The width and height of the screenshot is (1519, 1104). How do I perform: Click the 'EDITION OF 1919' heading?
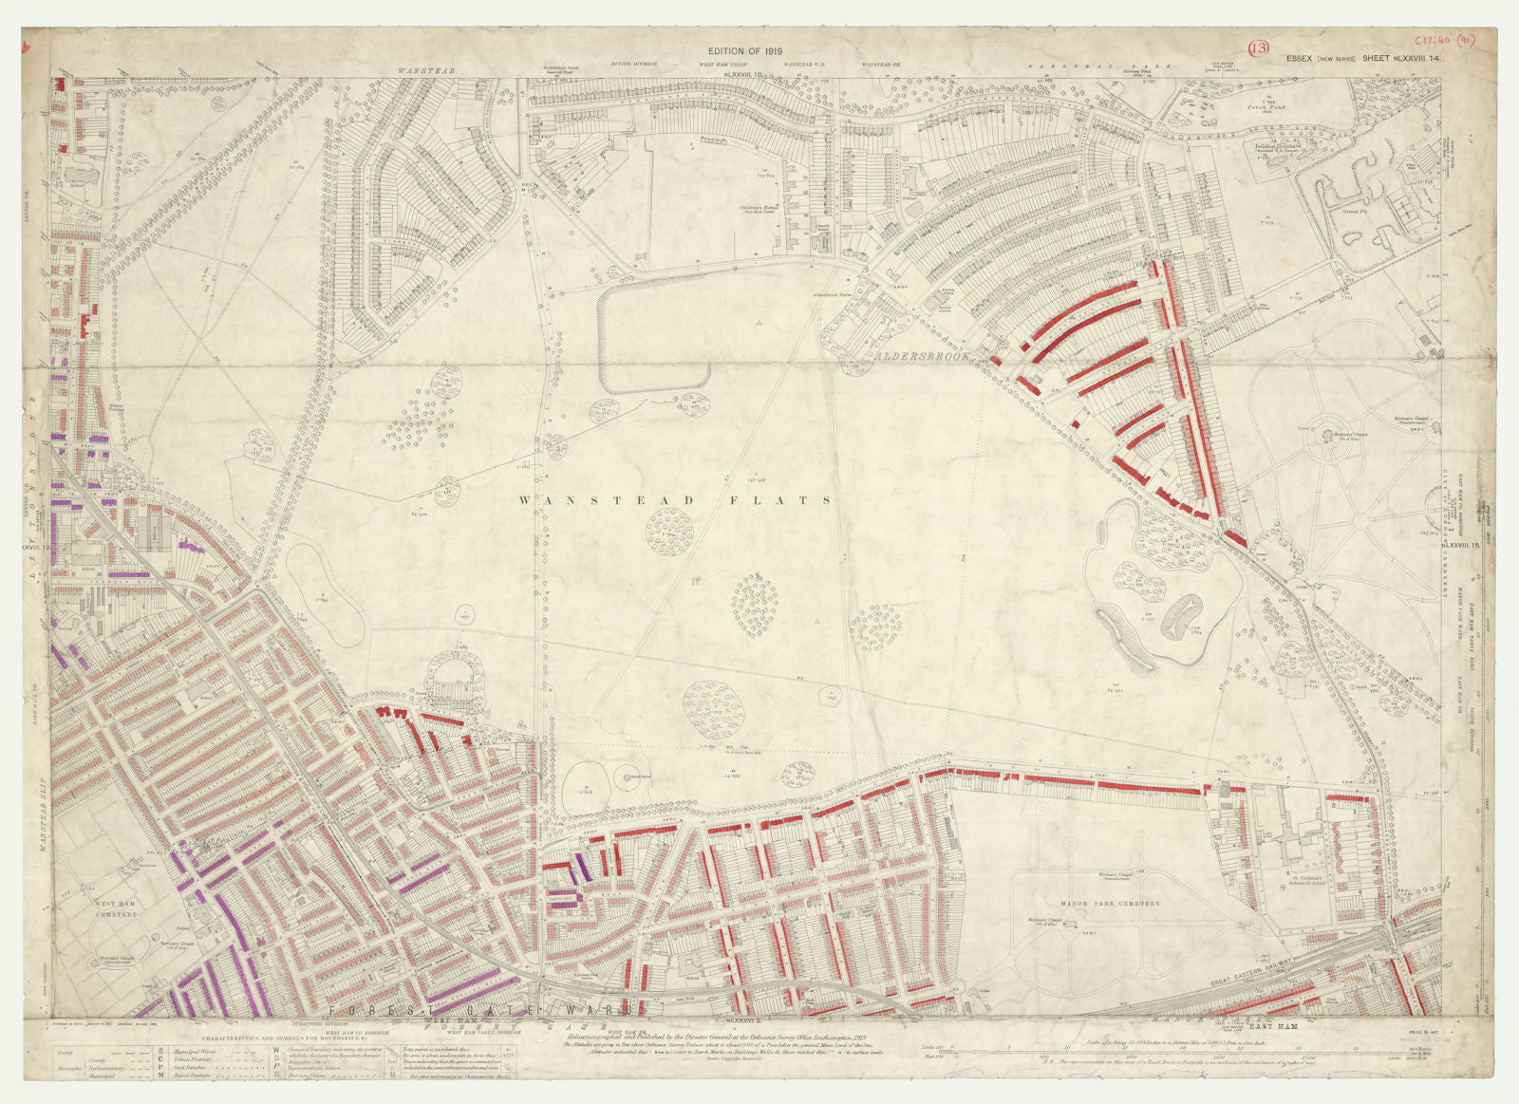click(x=744, y=51)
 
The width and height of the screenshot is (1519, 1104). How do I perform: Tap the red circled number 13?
click(x=1259, y=48)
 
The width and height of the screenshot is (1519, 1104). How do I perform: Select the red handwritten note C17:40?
click(x=1435, y=41)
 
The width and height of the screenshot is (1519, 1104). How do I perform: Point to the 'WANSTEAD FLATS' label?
click(x=676, y=500)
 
